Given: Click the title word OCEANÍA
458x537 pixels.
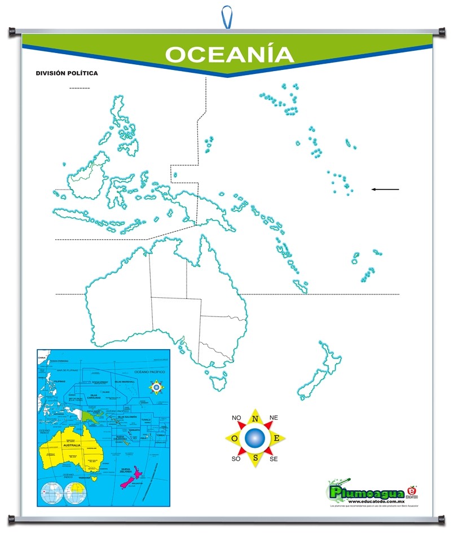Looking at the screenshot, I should pos(229,55).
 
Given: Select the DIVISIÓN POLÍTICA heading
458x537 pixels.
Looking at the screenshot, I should pos(67,73).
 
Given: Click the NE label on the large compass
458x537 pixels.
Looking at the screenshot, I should pos(274,417).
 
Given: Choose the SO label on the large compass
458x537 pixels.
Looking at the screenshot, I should pos(236,459).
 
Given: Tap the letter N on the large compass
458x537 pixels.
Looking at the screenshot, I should pos(255,419).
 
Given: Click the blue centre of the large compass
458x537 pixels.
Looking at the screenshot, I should pos(255,438).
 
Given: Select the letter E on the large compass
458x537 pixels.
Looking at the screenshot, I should pos(276,439).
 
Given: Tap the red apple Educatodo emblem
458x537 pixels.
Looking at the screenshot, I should pos(411,491).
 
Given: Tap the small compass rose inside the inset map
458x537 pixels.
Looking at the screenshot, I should pos(156,387).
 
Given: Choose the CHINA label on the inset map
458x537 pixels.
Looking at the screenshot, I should pos(41,358).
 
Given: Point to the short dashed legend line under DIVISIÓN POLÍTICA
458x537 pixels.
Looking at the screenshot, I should pos(80,88).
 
